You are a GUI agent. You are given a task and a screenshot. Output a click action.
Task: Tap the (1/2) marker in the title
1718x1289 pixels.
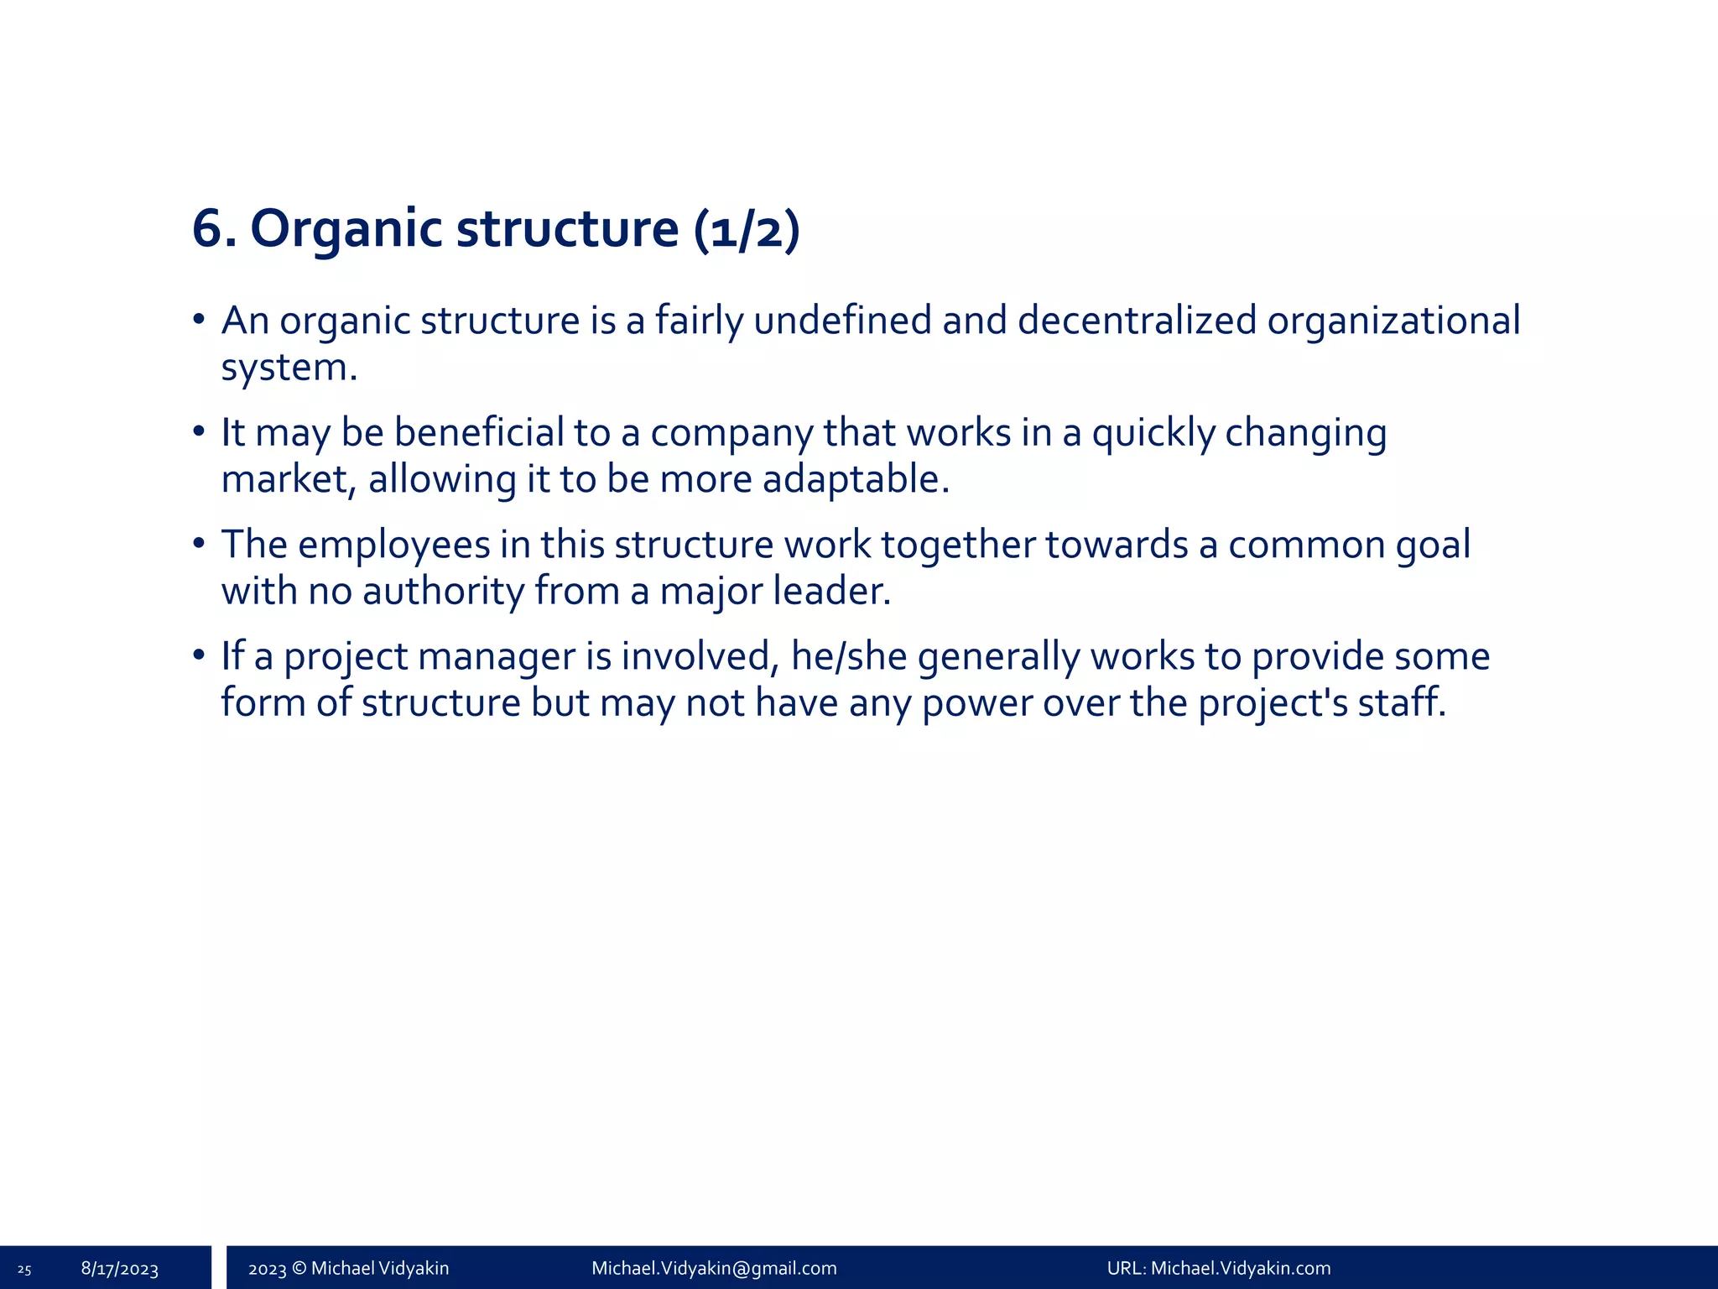pyautogui.click(x=747, y=229)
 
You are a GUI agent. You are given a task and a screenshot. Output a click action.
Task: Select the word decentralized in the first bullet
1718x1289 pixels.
pyautogui.click(x=1136, y=321)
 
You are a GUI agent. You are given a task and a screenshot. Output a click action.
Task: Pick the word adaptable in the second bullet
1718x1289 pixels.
pyautogui.click(x=856, y=479)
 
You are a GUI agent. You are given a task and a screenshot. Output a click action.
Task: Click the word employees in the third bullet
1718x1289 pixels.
pyautogui.click(x=393, y=545)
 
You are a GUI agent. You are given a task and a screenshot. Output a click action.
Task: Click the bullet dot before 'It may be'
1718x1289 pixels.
pyautogui.click(x=199, y=432)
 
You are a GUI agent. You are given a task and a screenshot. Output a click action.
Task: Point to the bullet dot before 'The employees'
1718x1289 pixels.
pyautogui.click(x=199, y=544)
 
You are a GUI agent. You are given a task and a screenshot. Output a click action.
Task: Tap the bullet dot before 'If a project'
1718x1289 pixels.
pyautogui.click(x=199, y=655)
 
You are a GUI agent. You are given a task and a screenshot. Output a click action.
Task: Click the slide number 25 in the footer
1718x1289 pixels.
pyautogui.click(x=24, y=1270)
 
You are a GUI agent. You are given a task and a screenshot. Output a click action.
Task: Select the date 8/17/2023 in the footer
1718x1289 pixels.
pyautogui.click(x=120, y=1269)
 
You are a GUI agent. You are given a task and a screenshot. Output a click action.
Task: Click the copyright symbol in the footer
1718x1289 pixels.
pyautogui.click(x=299, y=1268)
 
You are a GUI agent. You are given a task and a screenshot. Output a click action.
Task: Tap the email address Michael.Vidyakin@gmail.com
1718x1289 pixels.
pyautogui.click(x=714, y=1268)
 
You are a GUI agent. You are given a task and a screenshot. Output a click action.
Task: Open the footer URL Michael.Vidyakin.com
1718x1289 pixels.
pyautogui.click(x=1241, y=1268)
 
